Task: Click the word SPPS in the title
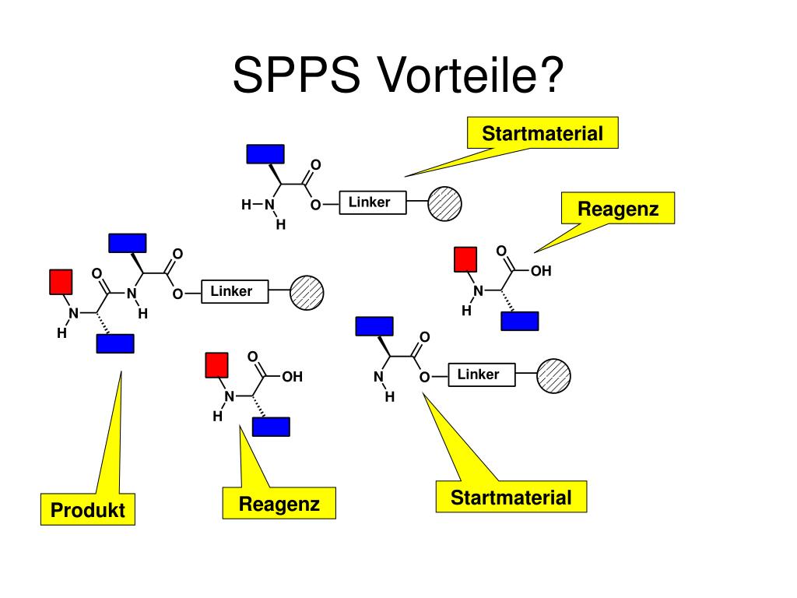[x=297, y=75]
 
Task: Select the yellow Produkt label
[x=88, y=509]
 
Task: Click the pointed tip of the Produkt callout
[x=121, y=371]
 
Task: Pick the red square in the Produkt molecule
[x=61, y=282]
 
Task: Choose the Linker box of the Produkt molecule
[x=235, y=291]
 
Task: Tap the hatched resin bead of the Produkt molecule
[x=307, y=293]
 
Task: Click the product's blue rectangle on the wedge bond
[x=128, y=243]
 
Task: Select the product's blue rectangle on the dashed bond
[x=115, y=343]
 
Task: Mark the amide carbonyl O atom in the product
[x=97, y=273]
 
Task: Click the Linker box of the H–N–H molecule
[x=373, y=202]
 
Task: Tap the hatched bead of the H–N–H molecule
[x=444, y=203]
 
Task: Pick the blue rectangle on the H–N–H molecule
[x=265, y=154]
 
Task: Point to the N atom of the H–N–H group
[x=269, y=205]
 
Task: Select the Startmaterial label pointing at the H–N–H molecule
[x=542, y=133]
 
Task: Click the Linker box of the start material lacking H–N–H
[x=482, y=375]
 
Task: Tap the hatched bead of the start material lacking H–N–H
[x=554, y=376]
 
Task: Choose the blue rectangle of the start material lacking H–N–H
[x=374, y=326]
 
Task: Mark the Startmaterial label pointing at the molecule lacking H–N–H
[x=511, y=497]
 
